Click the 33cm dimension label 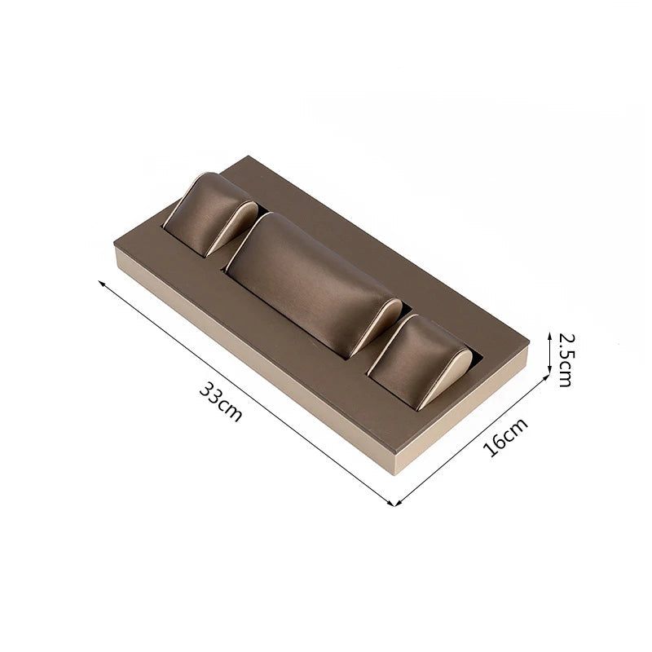[220, 402]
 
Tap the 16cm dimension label [505, 437]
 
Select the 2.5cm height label [566, 360]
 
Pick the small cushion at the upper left [210, 214]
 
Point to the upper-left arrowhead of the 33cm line [100, 283]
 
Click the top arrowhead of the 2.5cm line [549, 335]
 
